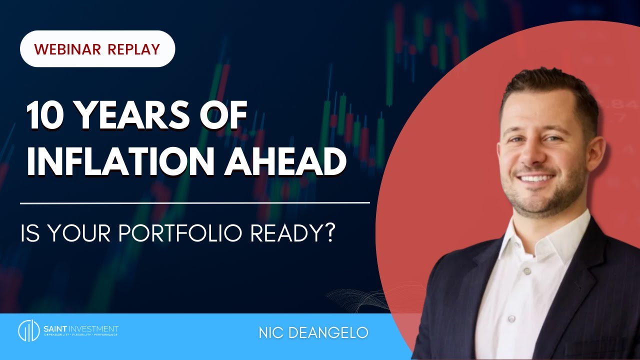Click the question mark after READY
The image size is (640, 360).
point(328,233)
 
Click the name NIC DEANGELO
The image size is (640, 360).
point(313,333)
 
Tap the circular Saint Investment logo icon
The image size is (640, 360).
point(28,330)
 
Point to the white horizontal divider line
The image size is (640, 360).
point(195,203)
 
